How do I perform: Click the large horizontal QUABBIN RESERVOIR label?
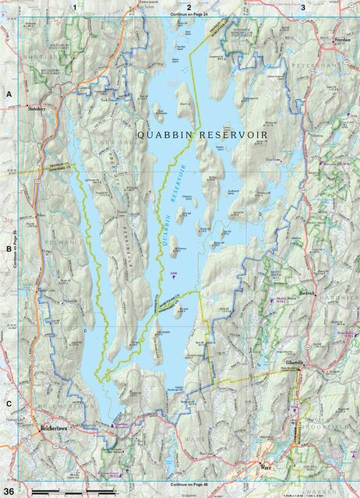[202, 135]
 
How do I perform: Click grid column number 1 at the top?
[74, 6]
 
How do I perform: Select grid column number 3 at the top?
[302, 6]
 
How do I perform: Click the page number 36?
[9, 490]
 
